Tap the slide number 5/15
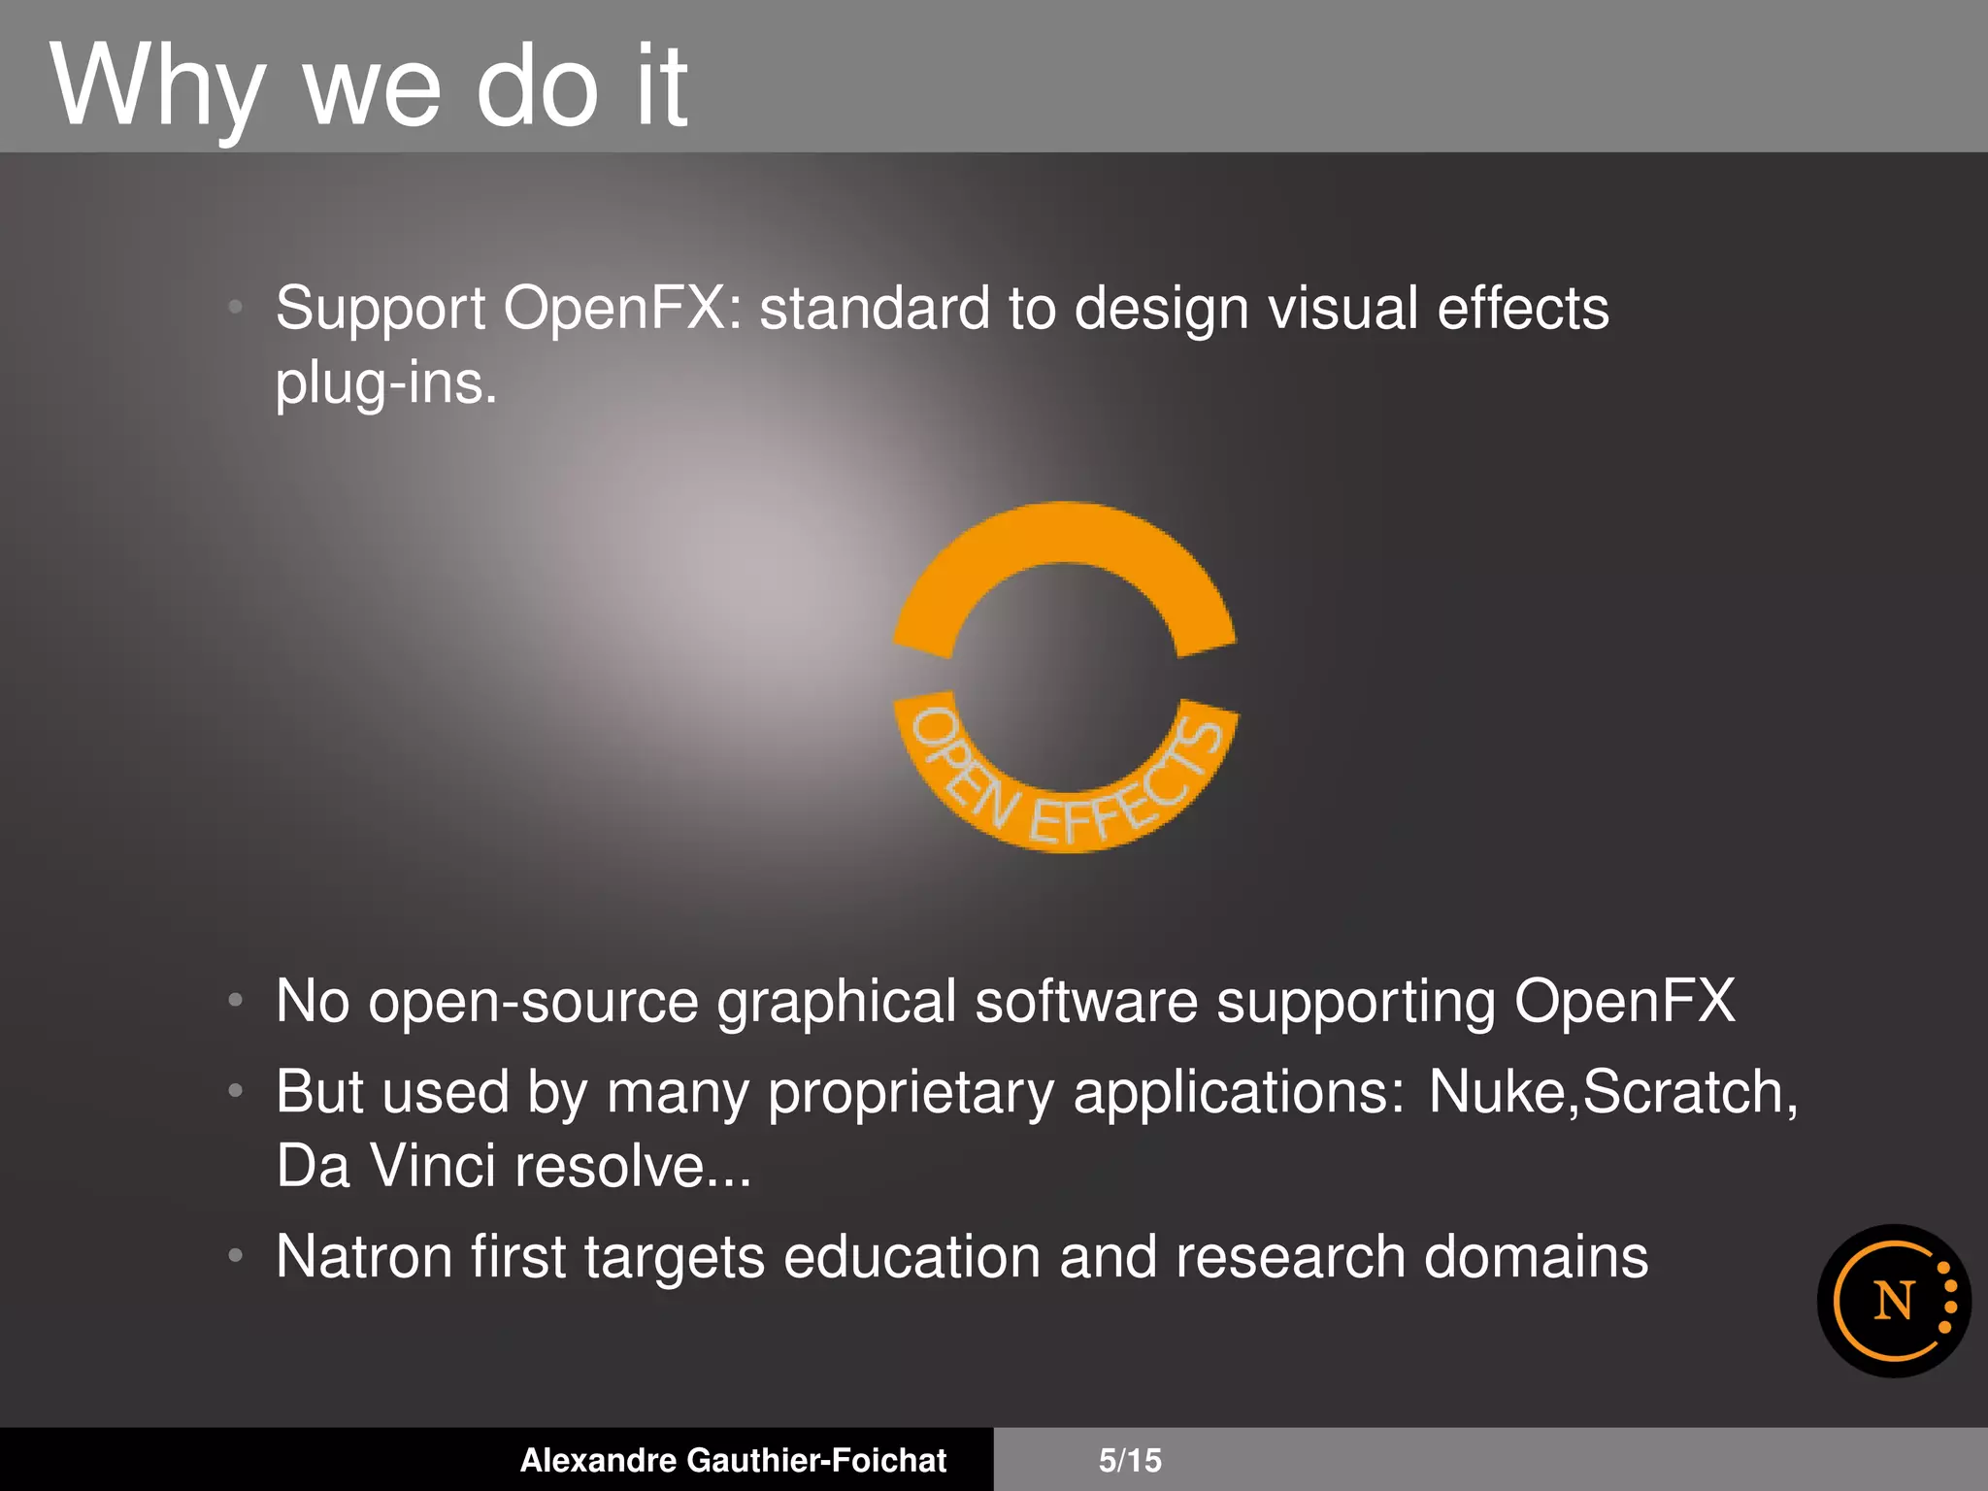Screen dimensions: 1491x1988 pyautogui.click(x=1130, y=1460)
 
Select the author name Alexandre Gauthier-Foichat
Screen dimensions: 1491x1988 pyautogui.click(x=733, y=1460)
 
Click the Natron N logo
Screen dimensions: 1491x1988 pyautogui.click(x=1894, y=1301)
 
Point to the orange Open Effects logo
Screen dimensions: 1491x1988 pyautogui.click(x=1065, y=678)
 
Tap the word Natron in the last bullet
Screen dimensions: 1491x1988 pyautogui.click(x=364, y=1257)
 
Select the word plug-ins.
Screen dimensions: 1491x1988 pyautogui.click(x=385, y=384)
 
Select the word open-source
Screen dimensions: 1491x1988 pyautogui.click(x=533, y=1002)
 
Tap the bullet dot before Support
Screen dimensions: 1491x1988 pyautogui.click(x=235, y=308)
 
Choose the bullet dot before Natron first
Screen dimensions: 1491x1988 pyautogui.click(x=235, y=1255)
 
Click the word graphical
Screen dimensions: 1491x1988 pyautogui.click(x=836, y=1002)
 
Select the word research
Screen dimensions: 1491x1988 pyautogui.click(x=1290, y=1257)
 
